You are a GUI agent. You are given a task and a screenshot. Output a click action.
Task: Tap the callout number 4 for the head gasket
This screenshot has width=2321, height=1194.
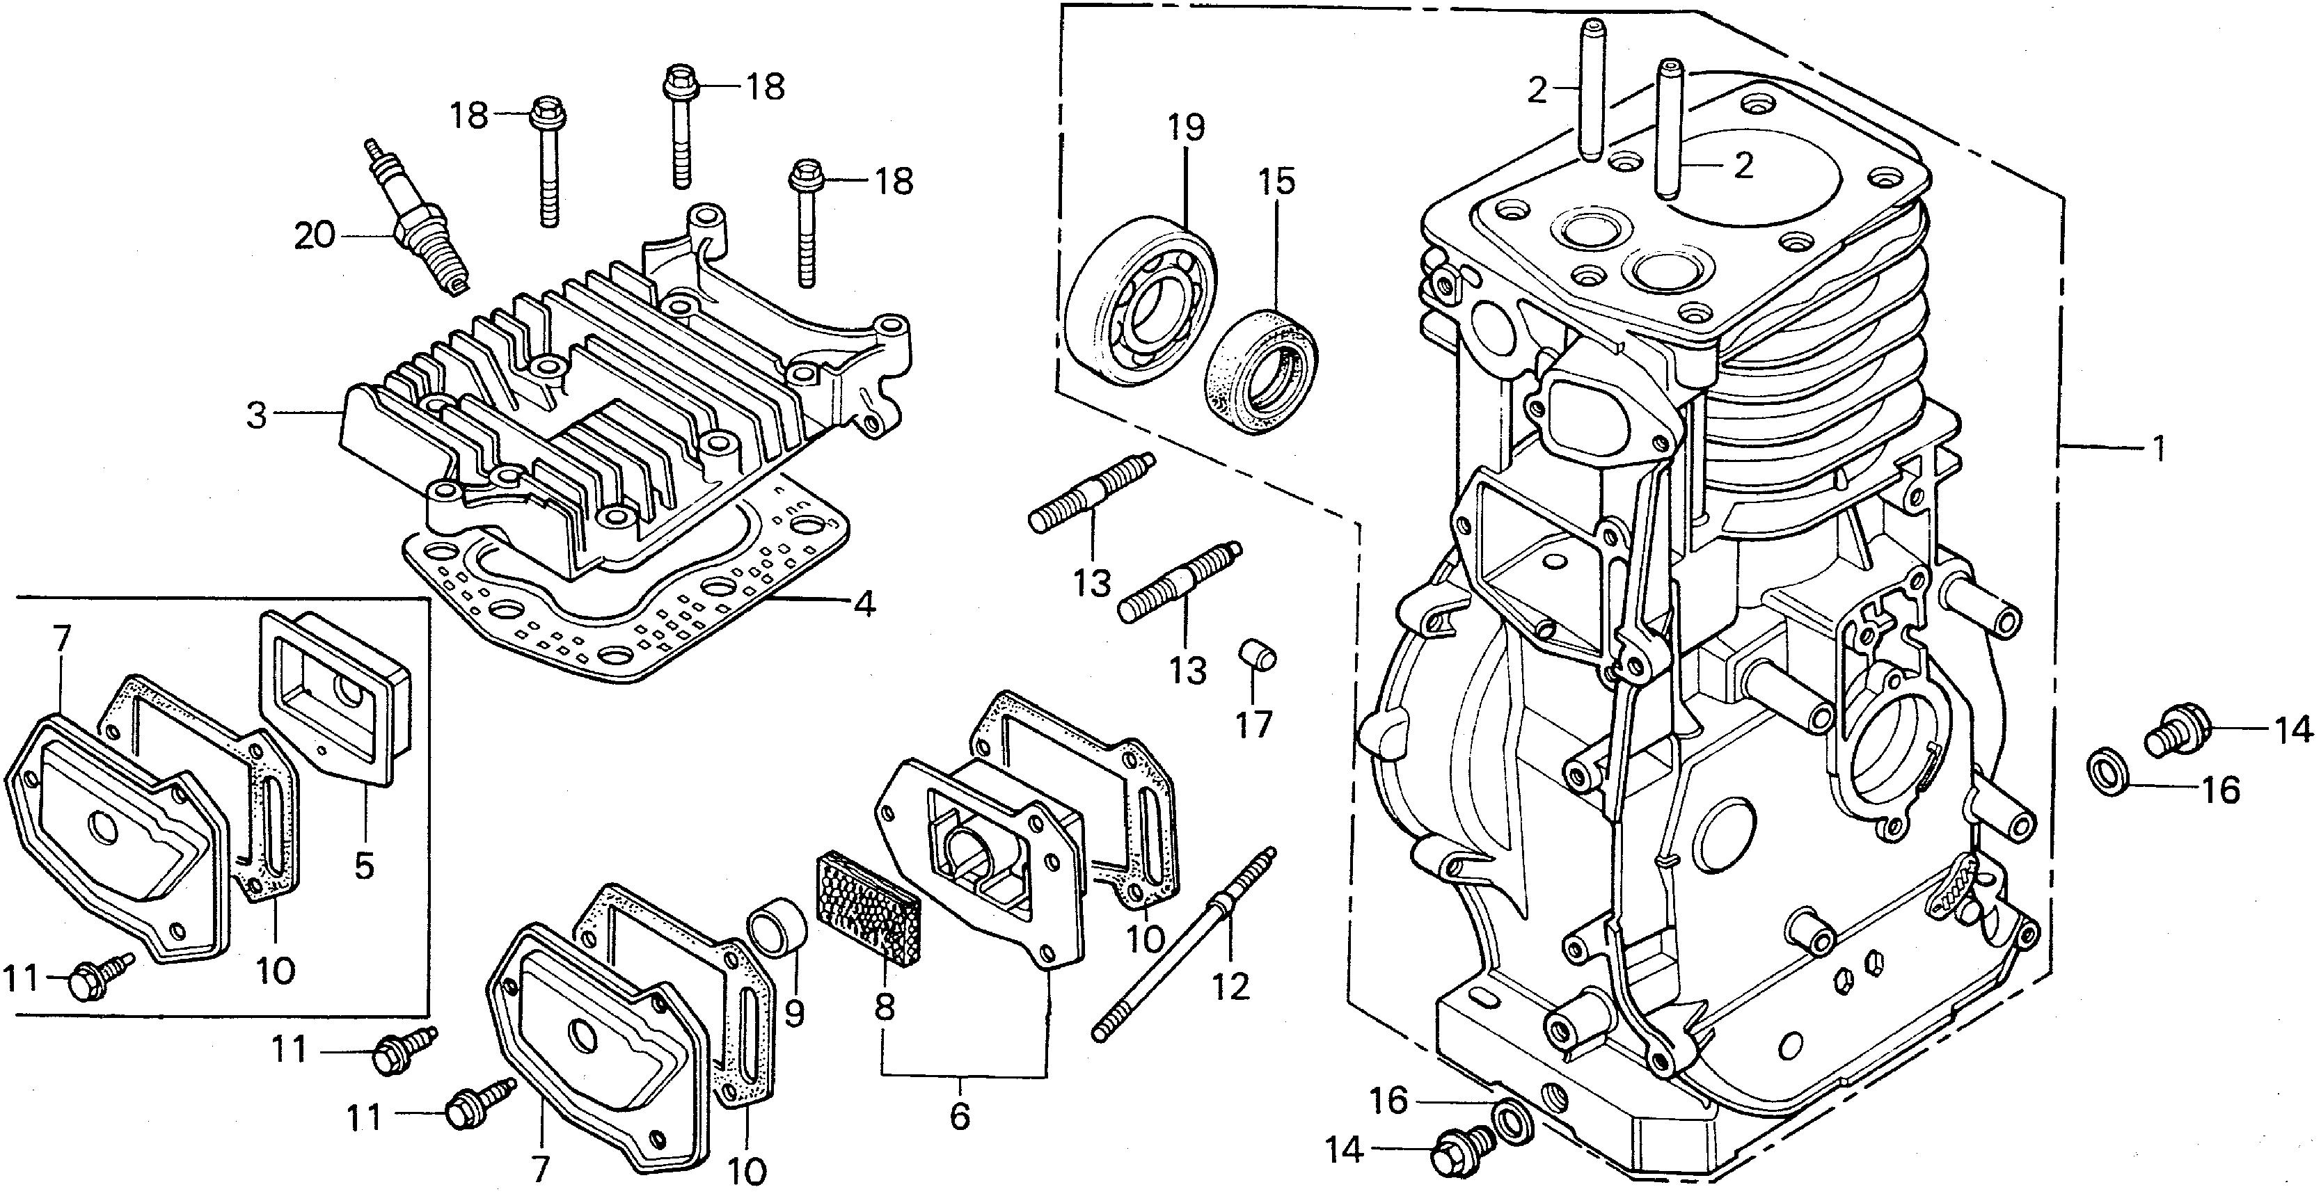(863, 604)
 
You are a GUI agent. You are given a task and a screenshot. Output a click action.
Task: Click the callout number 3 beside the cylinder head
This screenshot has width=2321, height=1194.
(258, 416)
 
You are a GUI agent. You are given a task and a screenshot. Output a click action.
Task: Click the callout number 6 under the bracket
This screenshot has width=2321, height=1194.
(960, 1117)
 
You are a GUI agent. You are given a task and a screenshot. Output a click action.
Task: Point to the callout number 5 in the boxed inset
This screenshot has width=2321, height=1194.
(364, 866)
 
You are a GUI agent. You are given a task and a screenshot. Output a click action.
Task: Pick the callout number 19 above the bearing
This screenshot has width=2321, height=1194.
(1187, 128)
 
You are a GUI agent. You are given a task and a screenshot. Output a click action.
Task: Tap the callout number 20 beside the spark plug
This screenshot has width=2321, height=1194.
(315, 236)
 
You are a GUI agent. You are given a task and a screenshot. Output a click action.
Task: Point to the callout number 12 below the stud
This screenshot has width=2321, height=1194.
(1230, 987)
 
